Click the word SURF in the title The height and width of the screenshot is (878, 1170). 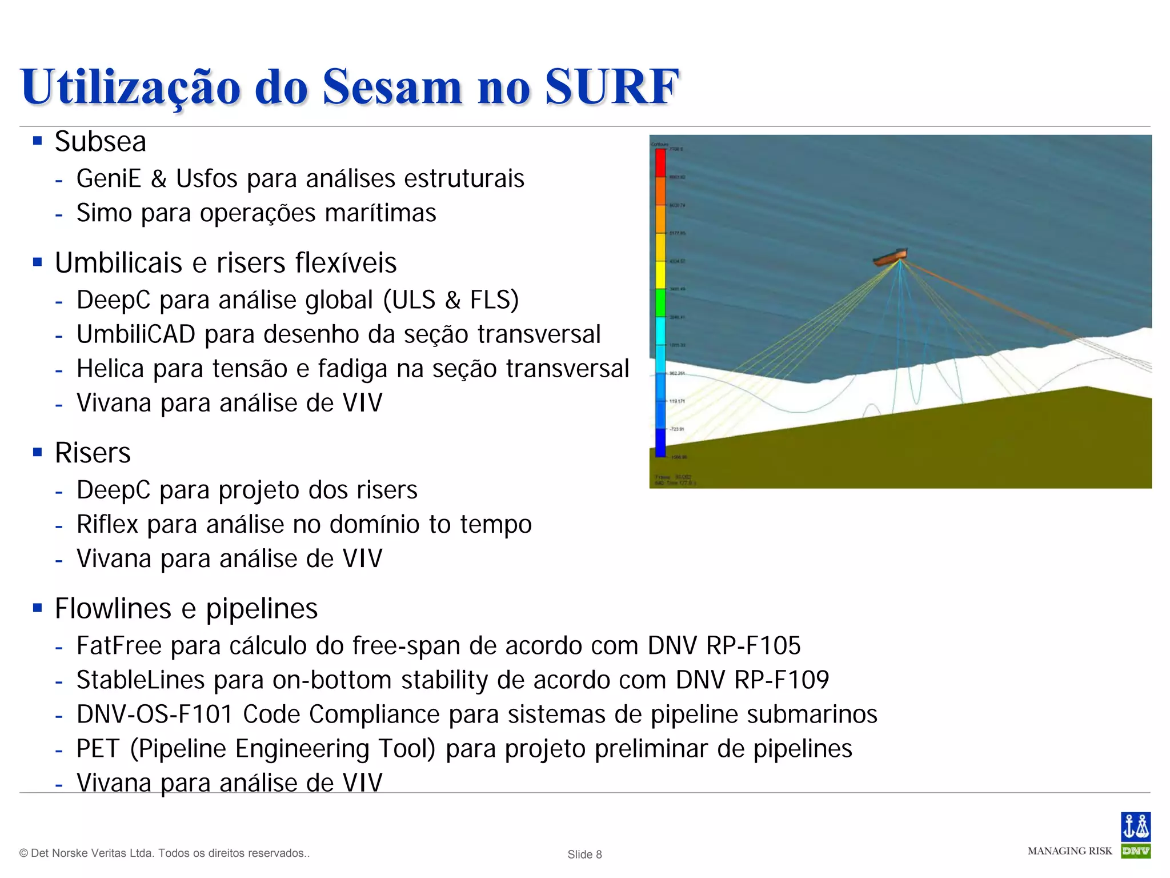point(611,87)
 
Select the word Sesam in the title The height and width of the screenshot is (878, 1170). point(392,87)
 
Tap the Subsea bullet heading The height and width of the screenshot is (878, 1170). point(101,142)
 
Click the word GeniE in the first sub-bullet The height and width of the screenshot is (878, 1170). point(109,178)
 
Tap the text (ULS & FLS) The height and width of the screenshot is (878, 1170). point(451,300)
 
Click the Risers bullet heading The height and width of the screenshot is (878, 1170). point(93,453)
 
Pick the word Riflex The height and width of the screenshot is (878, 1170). point(107,525)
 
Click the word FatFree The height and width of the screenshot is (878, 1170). point(119,646)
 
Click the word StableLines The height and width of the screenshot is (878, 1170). point(141,680)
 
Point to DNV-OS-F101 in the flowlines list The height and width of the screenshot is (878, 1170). point(155,715)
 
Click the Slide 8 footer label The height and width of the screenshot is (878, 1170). point(584,854)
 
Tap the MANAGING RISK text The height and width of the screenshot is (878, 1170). point(1069,851)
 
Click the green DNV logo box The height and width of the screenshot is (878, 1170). point(1135,851)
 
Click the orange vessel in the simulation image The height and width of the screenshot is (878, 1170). point(891,258)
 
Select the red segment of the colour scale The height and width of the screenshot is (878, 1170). point(660,163)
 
